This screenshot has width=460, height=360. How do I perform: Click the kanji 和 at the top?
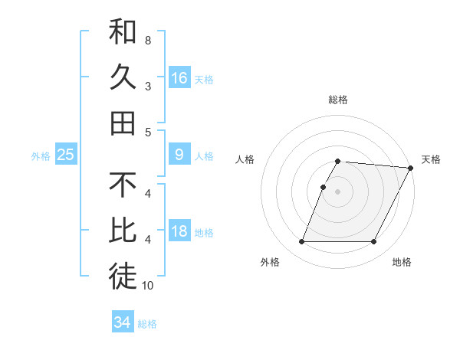click(x=123, y=32)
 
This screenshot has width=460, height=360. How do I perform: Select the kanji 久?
click(x=123, y=77)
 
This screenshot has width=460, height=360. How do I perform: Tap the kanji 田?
click(x=123, y=123)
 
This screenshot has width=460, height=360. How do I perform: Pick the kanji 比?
click(x=123, y=231)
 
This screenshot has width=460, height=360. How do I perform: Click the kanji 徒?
click(x=123, y=276)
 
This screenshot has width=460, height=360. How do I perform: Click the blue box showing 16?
click(x=179, y=78)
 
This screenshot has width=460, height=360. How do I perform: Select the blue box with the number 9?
click(x=179, y=155)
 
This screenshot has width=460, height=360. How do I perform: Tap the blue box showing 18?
click(x=179, y=231)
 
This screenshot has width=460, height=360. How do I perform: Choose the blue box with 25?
click(x=66, y=155)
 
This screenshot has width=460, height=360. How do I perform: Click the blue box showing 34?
click(x=123, y=322)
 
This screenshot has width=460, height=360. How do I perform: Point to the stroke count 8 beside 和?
click(x=148, y=40)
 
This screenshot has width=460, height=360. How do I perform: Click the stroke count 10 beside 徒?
click(x=148, y=286)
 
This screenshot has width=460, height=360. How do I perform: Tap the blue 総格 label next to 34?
click(x=147, y=324)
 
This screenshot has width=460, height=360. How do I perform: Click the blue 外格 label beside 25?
click(x=41, y=156)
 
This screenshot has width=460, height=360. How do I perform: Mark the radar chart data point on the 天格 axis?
click(x=411, y=168)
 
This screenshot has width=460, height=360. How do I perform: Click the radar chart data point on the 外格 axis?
click(x=301, y=242)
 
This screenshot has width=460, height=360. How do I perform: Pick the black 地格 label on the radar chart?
click(x=402, y=263)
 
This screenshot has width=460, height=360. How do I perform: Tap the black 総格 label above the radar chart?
click(x=338, y=100)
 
